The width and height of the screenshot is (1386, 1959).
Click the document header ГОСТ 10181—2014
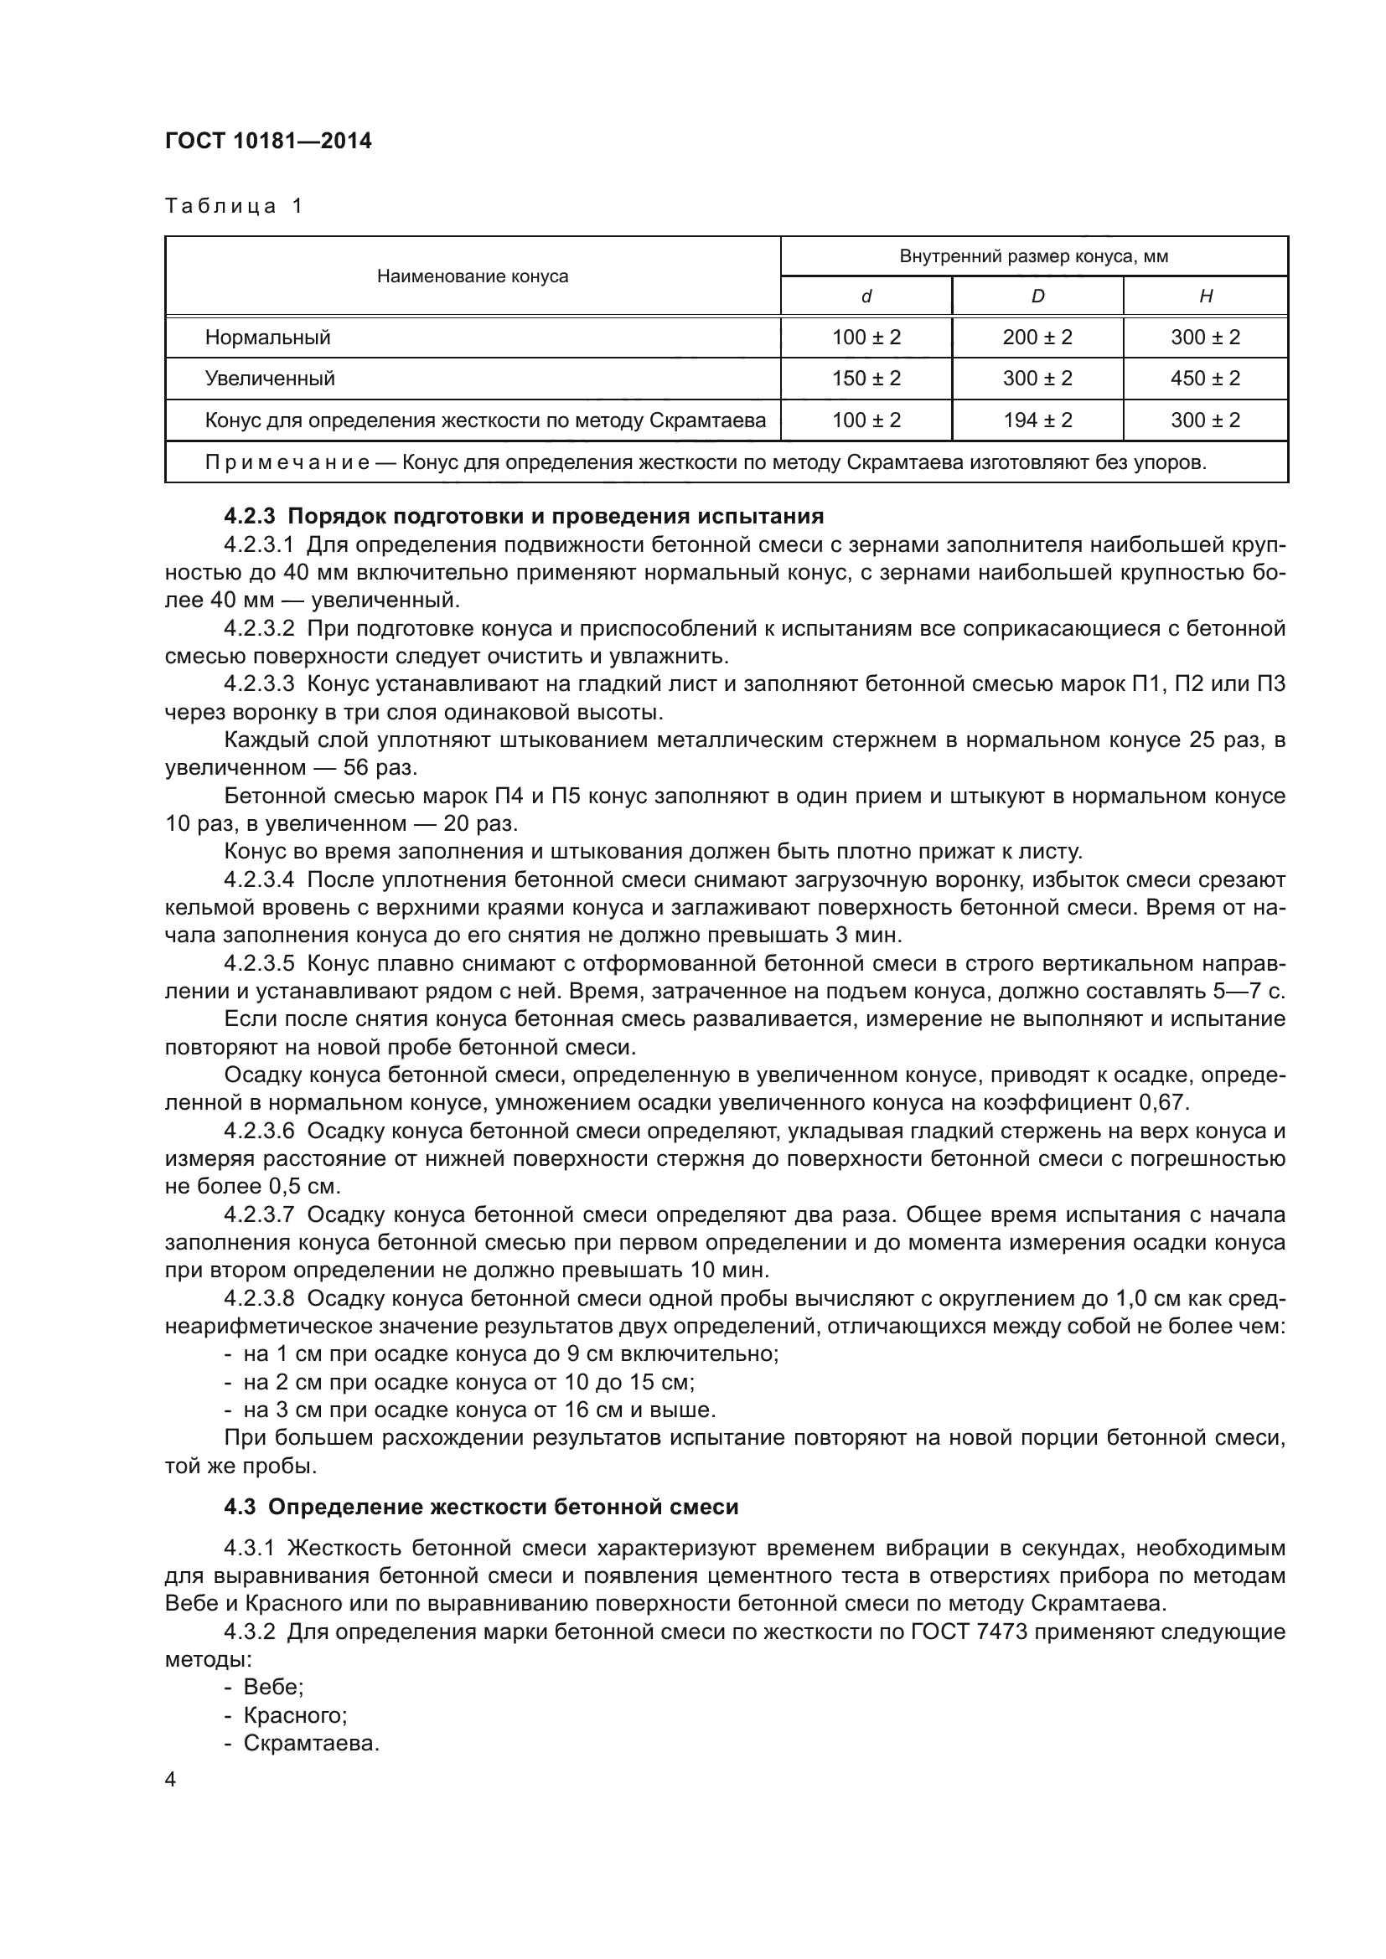(x=268, y=141)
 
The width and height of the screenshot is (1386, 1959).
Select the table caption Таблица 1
(x=234, y=206)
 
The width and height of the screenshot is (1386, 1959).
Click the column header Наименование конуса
(x=472, y=276)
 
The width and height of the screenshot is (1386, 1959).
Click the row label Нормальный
(x=267, y=337)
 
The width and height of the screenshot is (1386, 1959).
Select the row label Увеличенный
(x=270, y=378)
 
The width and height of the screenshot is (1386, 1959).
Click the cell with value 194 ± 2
(x=1037, y=420)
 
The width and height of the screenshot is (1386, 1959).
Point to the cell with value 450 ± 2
(x=1205, y=378)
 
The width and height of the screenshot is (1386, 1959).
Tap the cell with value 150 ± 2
(x=866, y=378)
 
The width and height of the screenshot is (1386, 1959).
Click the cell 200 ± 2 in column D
(x=1037, y=337)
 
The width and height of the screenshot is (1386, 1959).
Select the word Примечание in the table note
(x=287, y=462)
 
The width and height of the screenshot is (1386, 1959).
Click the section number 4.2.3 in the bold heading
(x=251, y=516)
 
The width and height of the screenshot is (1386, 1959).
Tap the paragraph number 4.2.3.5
(x=259, y=963)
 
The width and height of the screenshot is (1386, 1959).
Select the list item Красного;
(x=294, y=1715)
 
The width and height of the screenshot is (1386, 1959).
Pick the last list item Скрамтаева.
(x=311, y=1743)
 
